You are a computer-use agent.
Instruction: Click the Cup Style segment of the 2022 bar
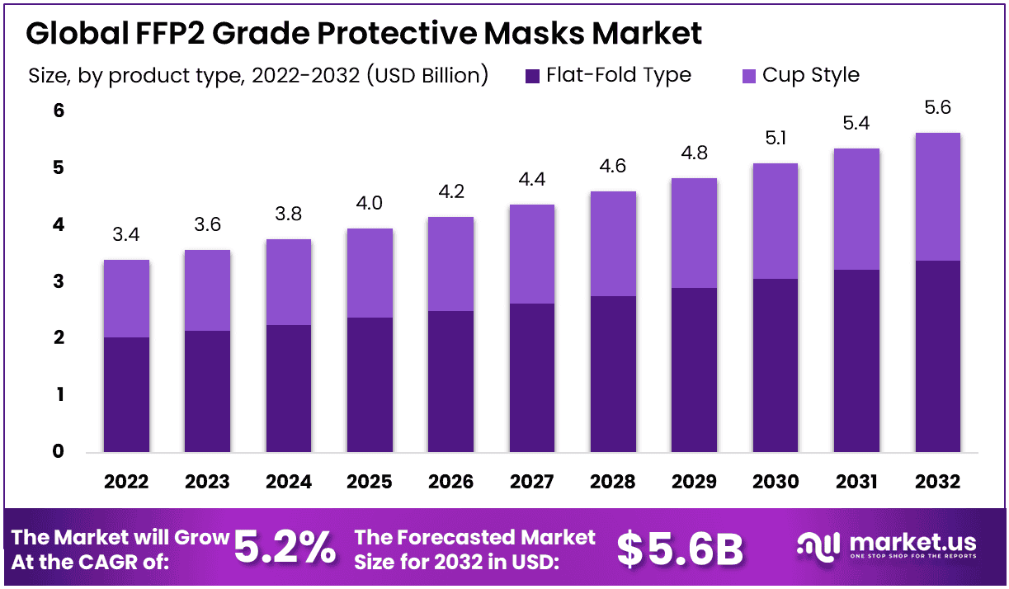[x=126, y=298]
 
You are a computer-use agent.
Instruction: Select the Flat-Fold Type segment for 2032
[x=937, y=356]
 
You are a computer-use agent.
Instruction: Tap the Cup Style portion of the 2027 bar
[x=532, y=253]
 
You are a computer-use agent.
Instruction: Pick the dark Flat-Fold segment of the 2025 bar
[x=370, y=384]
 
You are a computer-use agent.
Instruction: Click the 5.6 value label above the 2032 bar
[x=937, y=107]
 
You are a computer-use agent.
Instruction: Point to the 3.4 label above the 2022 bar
[x=126, y=235]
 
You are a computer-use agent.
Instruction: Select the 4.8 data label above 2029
[x=694, y=153]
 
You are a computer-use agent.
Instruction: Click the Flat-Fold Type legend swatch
[x=532, y=76]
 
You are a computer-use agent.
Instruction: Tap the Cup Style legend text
[x=810, y=75]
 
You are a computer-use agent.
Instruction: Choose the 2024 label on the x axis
[x=288, y=482]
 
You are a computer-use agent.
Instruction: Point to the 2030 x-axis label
[x=775, y=482]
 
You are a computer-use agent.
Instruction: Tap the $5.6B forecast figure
[x=681, y=549]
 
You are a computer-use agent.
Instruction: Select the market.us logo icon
[x=818, y=545]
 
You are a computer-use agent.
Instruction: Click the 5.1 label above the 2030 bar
[x=775, y=138]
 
